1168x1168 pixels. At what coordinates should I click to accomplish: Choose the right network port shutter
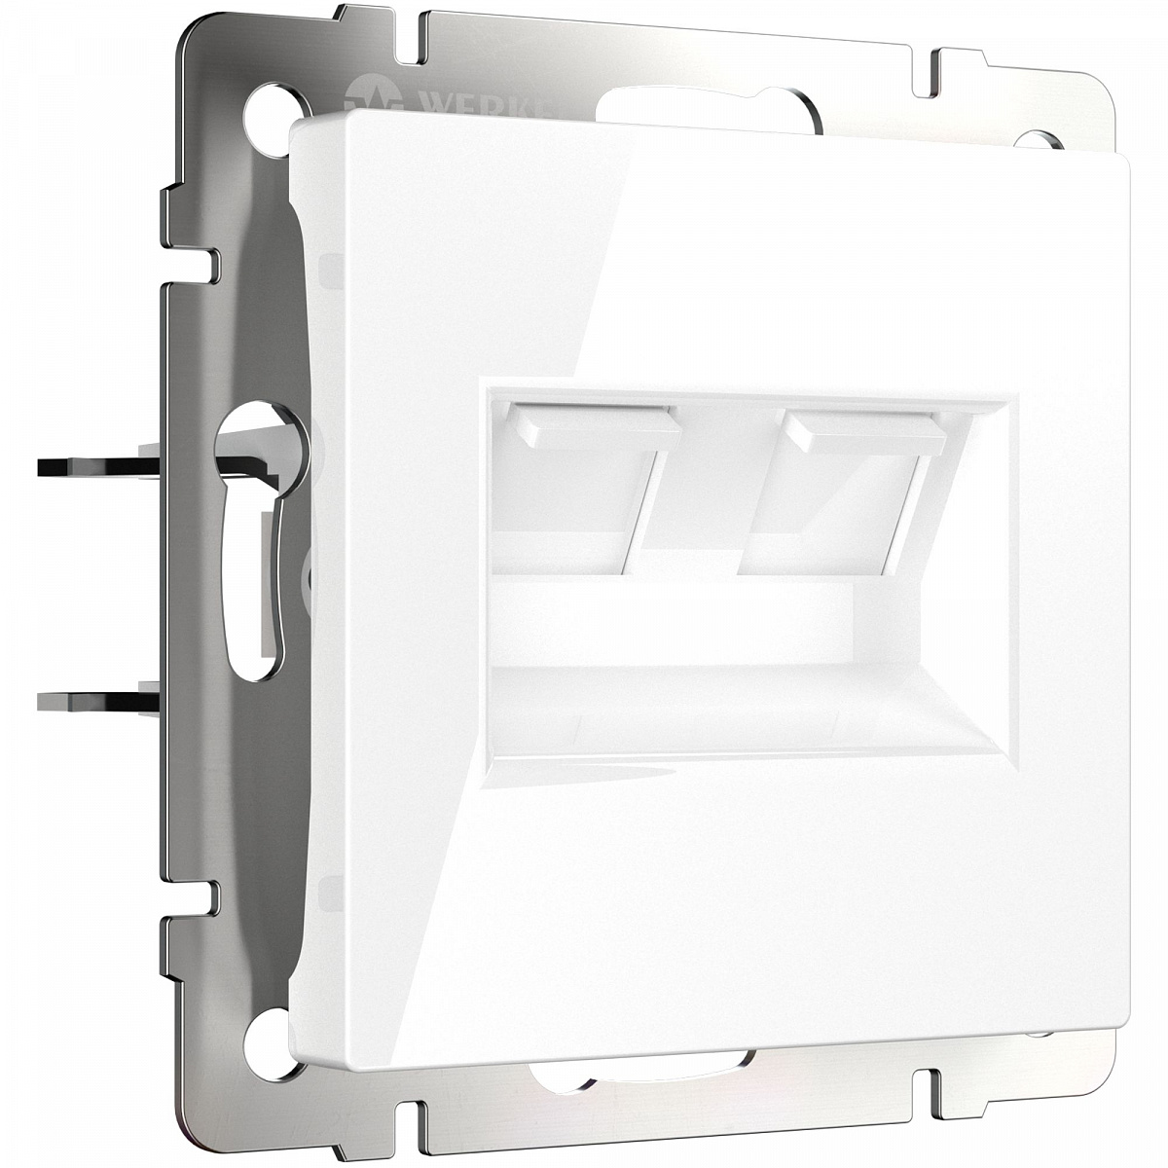click(846, 487)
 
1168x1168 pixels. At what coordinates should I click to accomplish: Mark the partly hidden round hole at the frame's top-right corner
click(1048, 138)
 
